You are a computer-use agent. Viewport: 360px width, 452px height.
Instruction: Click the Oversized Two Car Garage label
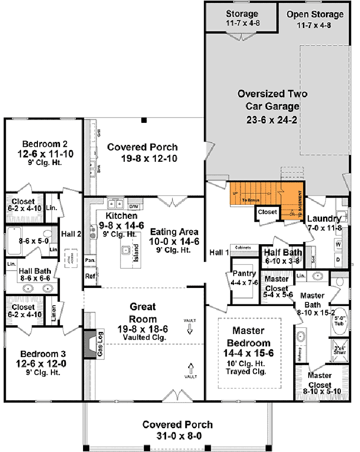point(273,100)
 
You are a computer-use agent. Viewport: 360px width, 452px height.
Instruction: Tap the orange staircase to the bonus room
point(266,196)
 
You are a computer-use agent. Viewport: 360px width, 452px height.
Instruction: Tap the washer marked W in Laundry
point(338,245)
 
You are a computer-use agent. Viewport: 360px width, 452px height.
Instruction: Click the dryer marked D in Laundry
point(338,260)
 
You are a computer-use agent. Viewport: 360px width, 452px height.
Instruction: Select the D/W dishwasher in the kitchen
point(133,207)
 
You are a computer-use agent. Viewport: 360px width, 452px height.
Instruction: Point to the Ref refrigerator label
point(90,276)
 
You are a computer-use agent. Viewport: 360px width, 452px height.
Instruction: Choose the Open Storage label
point(315,14)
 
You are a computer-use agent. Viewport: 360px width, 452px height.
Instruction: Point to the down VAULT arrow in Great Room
point(190,329)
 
